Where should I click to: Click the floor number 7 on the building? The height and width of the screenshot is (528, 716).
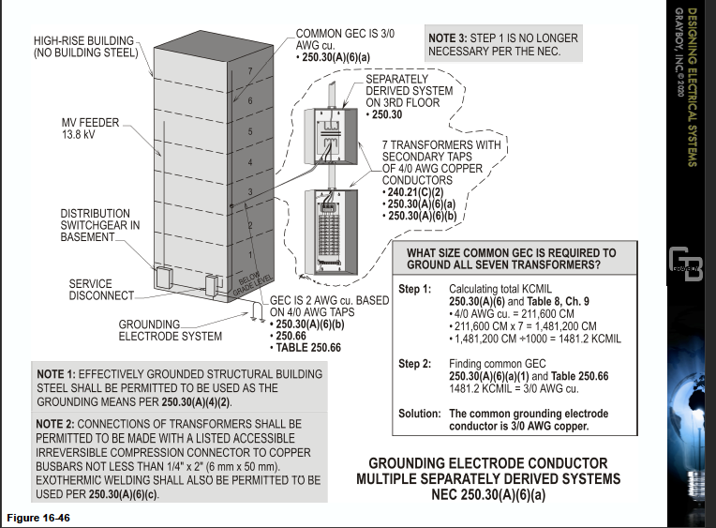(248, 71)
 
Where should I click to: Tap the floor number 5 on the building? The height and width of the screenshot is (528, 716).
(248, 132)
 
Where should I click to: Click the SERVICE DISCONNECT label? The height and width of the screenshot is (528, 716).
(90, 290)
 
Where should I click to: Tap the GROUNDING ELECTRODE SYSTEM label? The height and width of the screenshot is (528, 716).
(170, 330)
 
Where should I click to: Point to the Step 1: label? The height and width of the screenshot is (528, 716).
(415, 289)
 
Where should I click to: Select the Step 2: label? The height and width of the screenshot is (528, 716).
(415, 363)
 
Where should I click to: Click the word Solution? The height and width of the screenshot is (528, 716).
(419, 414)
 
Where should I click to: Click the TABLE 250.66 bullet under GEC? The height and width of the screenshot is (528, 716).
(310, 348)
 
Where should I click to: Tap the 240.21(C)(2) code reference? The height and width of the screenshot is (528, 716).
(421, 191)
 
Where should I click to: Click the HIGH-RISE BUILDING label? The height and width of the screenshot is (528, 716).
(84, 47)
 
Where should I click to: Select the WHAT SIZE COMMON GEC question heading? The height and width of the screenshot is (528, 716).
(511, 259)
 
